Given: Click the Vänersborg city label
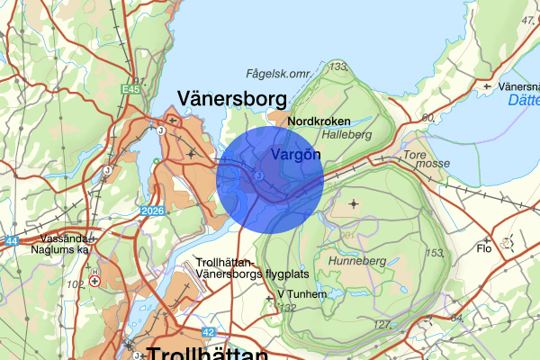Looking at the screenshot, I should (231, 98).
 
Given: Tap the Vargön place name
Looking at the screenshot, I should (296, 154).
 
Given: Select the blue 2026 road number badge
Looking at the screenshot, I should (155, 211).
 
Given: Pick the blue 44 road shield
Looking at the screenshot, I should (12, 241).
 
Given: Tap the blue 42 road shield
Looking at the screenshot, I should (208, 332).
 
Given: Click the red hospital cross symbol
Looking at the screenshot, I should (94, 281).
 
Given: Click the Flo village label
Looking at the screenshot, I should (484, 248).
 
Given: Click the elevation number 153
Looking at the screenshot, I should (434, 253).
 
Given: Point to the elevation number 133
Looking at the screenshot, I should (338, 66).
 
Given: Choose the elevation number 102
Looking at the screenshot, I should (75, 284).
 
